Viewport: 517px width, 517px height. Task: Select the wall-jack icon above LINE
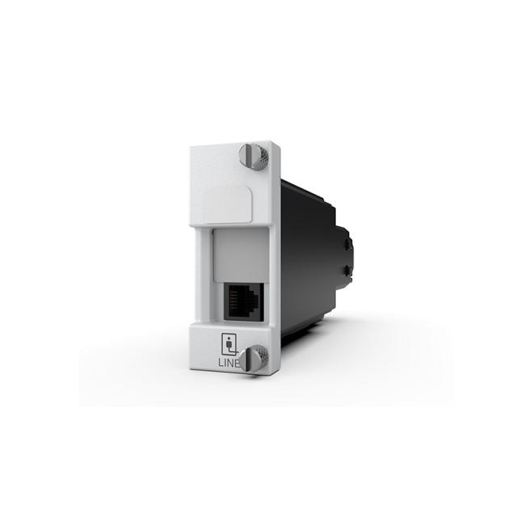click(229, 344)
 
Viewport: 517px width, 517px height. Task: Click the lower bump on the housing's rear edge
click(348, 271)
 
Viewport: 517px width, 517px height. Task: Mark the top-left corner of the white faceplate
click(191, 147)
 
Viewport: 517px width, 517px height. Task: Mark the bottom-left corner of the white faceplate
click(191, 371)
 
